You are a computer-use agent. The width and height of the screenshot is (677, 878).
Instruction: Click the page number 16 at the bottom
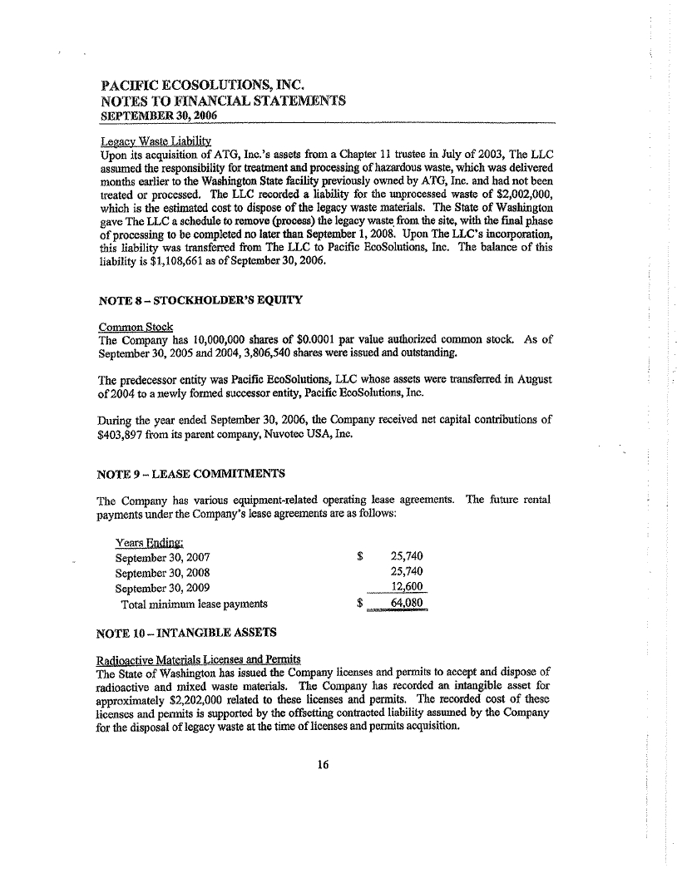324,767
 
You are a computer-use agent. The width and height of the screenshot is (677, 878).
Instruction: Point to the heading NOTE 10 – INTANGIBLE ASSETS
186,633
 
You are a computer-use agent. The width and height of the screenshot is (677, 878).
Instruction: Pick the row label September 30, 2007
162,556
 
